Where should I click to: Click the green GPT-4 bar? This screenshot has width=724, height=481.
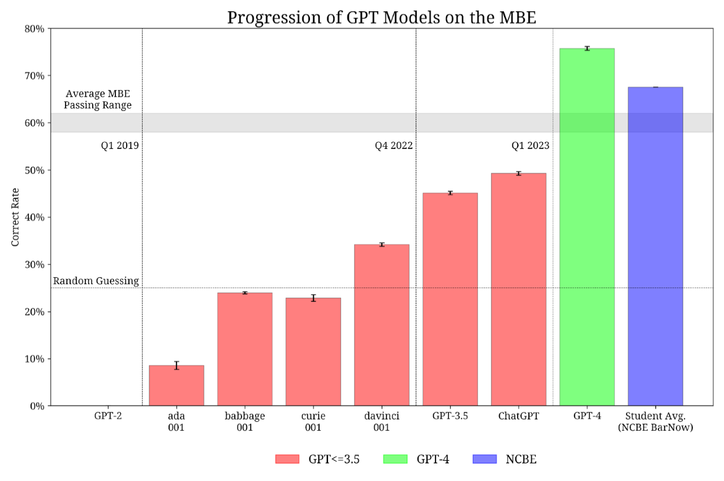click(587, 226)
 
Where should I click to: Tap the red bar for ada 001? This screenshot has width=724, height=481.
click(176, 385)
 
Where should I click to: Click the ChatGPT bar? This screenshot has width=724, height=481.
click(518, 289)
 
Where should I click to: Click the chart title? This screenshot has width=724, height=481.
click(381, 18)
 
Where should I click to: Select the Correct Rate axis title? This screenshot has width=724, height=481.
click(15, 217)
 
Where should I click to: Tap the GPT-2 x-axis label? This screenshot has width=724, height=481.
click(108, 416)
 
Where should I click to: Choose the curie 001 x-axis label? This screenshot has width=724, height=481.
click(313, 422)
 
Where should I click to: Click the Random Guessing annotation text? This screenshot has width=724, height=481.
click(96, 281)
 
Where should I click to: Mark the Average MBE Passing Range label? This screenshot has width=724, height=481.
click(98, 100)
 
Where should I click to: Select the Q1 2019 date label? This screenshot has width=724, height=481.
click(120, 146)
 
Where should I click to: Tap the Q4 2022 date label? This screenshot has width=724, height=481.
click(394, 146)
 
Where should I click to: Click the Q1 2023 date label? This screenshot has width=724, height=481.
click(530, 146)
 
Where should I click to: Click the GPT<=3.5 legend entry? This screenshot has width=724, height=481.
click(317, 459)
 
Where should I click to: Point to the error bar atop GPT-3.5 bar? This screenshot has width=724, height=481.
click(450, 193)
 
